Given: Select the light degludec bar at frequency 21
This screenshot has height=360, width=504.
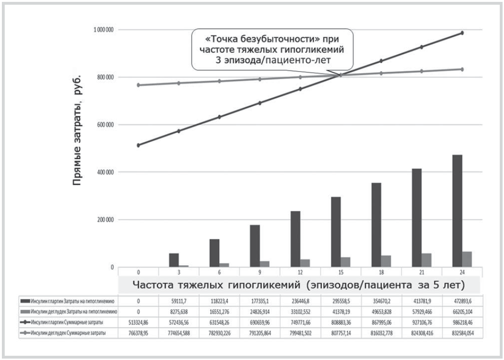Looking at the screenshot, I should coord(426,260).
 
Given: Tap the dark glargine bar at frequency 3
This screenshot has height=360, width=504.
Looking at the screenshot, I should coord(174,260).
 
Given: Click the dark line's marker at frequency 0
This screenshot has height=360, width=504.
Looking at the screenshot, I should coord(138,145).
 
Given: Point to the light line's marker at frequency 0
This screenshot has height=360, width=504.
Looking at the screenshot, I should coord(138,85).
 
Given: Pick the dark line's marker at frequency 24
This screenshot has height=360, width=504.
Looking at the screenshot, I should coord(462,33).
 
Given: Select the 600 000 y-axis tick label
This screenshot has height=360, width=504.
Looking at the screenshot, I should coord(106,125).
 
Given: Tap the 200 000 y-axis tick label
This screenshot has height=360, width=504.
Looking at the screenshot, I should coord(106,220).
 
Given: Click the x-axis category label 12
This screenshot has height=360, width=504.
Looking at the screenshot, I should coord(300,272).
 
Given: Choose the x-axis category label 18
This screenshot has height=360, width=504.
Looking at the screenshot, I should coord(381,272).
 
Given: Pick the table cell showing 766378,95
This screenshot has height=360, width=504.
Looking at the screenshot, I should coord(138,333).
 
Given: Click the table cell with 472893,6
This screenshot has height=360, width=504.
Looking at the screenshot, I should coord(462,300).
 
